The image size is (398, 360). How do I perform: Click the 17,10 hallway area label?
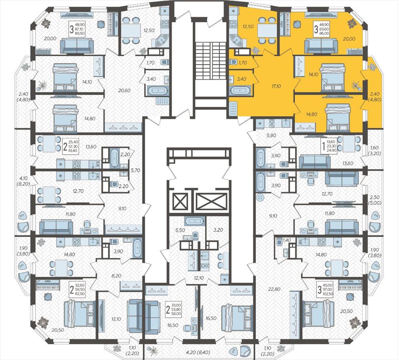tap(276, 86)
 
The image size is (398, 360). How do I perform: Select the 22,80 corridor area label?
tap(274, 288)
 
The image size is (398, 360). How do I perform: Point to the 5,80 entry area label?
tap(271, 135)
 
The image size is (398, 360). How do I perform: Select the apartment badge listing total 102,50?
tap(325, 289)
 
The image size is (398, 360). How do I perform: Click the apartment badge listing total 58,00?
tap(173, 310)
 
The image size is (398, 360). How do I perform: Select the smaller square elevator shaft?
tap(180, 202)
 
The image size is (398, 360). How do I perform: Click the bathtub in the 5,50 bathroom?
tap(194, 221)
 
